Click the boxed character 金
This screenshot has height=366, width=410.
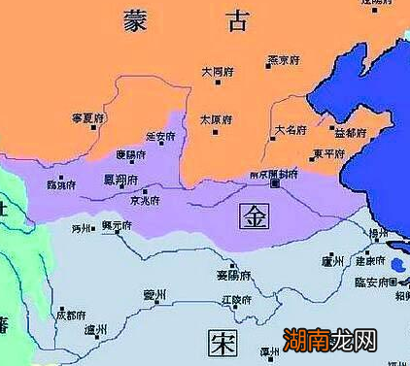(x=254, y=214)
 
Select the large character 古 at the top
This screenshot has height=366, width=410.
(x=236, y=20)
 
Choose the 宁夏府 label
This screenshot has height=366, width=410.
(x=86, y=116)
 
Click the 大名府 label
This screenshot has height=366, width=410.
(x=290, y=128)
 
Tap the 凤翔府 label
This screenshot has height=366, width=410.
(x=120, y=181)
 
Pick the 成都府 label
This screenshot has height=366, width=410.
(x=70, y=315)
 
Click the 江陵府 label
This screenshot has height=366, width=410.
(x=235, y=297)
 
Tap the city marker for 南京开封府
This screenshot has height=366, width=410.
(x=276, y=183)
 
